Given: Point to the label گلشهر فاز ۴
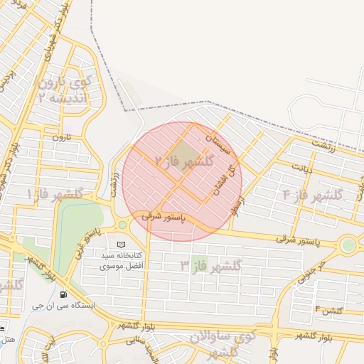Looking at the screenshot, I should tap(313, 193).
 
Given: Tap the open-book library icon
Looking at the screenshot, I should tap(120, 245).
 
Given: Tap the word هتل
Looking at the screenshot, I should tap(6, 340).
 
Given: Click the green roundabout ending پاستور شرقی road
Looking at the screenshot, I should tap(348, 245).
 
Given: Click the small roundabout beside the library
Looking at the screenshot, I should tap(122, 225).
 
